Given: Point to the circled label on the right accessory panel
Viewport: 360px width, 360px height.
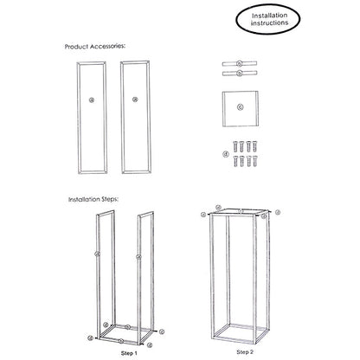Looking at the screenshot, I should (135, 98).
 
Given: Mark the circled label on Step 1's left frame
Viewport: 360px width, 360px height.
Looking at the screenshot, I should (94, 254).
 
